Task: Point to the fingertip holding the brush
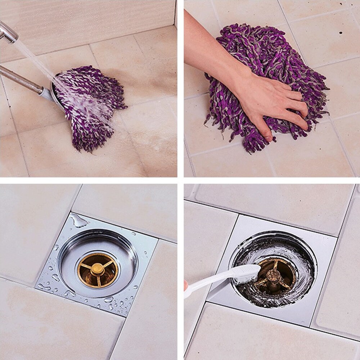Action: pyautogui.click(x=186, y=285)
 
